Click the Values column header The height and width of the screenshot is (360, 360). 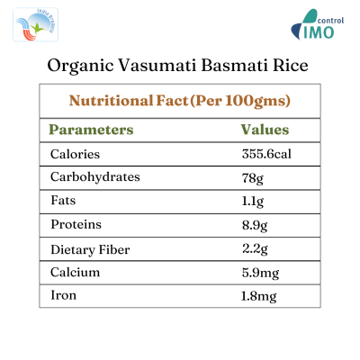tap(265, 130)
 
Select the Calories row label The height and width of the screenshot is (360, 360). tap(76, 154)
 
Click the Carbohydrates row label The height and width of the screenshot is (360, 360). tap(95, 176)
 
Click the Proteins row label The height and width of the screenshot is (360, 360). tap(76, 223)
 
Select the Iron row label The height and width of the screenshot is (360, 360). tap(64, 293)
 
